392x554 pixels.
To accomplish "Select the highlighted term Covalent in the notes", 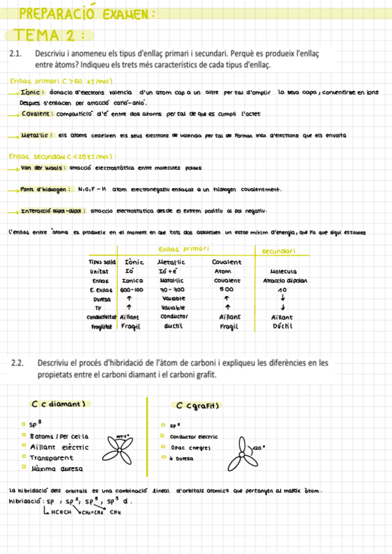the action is point(37,114).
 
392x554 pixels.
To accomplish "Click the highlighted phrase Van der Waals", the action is point(40,168).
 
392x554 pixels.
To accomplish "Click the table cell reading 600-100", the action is point(132,289).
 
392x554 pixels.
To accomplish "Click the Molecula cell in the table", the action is point(283,271).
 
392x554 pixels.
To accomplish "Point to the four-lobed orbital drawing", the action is point(120,446).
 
